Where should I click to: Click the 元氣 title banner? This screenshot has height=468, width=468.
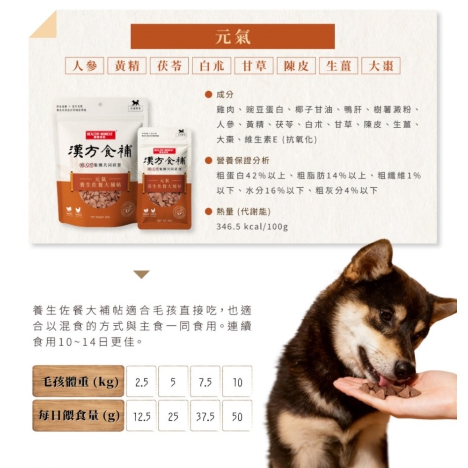(x=233, y=37)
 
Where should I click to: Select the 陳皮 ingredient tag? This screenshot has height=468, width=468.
(x=296, y=66)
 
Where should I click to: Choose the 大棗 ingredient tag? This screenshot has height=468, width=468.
(x=381, y=66)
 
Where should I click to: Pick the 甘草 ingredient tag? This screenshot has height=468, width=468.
(x=254, y=66)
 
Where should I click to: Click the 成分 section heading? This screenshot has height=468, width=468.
(x=225, y=95)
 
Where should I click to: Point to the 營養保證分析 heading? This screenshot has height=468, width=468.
(x=242, y=161)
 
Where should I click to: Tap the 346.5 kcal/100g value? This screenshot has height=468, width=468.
(x=252, y=227)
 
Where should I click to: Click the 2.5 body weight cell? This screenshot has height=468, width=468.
(x=141, y=382)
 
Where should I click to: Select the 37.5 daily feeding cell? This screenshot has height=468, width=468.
(x=205, y=416)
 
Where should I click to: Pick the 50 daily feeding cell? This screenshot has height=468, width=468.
(x=237, y=416)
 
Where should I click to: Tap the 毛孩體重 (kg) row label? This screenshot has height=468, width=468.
(x=78, y=381)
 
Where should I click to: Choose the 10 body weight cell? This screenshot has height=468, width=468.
(x=237, y=382)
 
